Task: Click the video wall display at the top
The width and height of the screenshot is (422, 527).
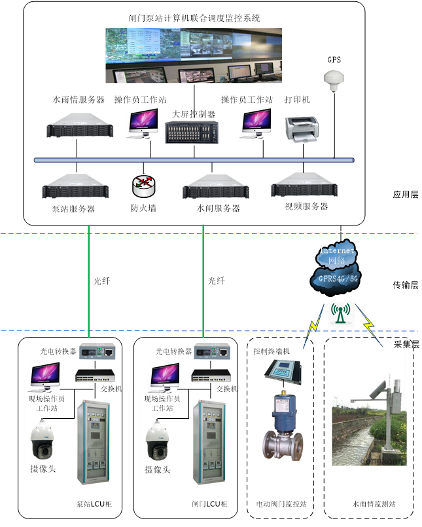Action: (x=194, y=56)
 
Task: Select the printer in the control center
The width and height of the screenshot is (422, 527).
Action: (x=301, y=128)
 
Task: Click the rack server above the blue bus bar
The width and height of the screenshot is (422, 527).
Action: (x=81, y=125)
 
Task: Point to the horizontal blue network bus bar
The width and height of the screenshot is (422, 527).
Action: (x=194, y=160)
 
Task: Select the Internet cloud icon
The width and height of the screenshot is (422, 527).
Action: (x=337, y=256)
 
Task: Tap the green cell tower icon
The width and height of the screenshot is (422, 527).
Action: (x=341, y=315)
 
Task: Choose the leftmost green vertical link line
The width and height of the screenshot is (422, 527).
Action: (x=88, y=282)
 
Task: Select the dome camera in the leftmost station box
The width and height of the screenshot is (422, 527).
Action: (x=43, y=439)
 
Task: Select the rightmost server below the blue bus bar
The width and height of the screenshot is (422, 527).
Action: (x=305, y=184)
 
